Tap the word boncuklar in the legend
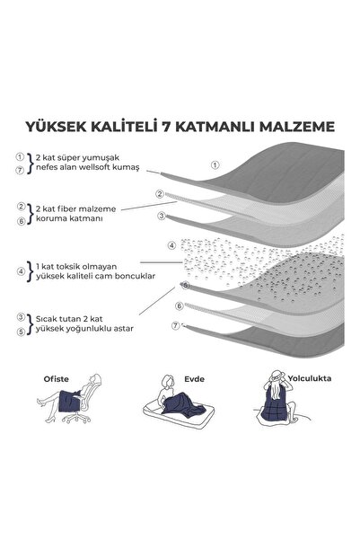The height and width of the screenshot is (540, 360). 127,277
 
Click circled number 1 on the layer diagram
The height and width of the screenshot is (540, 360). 215,164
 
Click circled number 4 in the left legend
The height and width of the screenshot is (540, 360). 19,271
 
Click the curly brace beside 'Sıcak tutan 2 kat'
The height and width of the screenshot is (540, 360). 30,322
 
